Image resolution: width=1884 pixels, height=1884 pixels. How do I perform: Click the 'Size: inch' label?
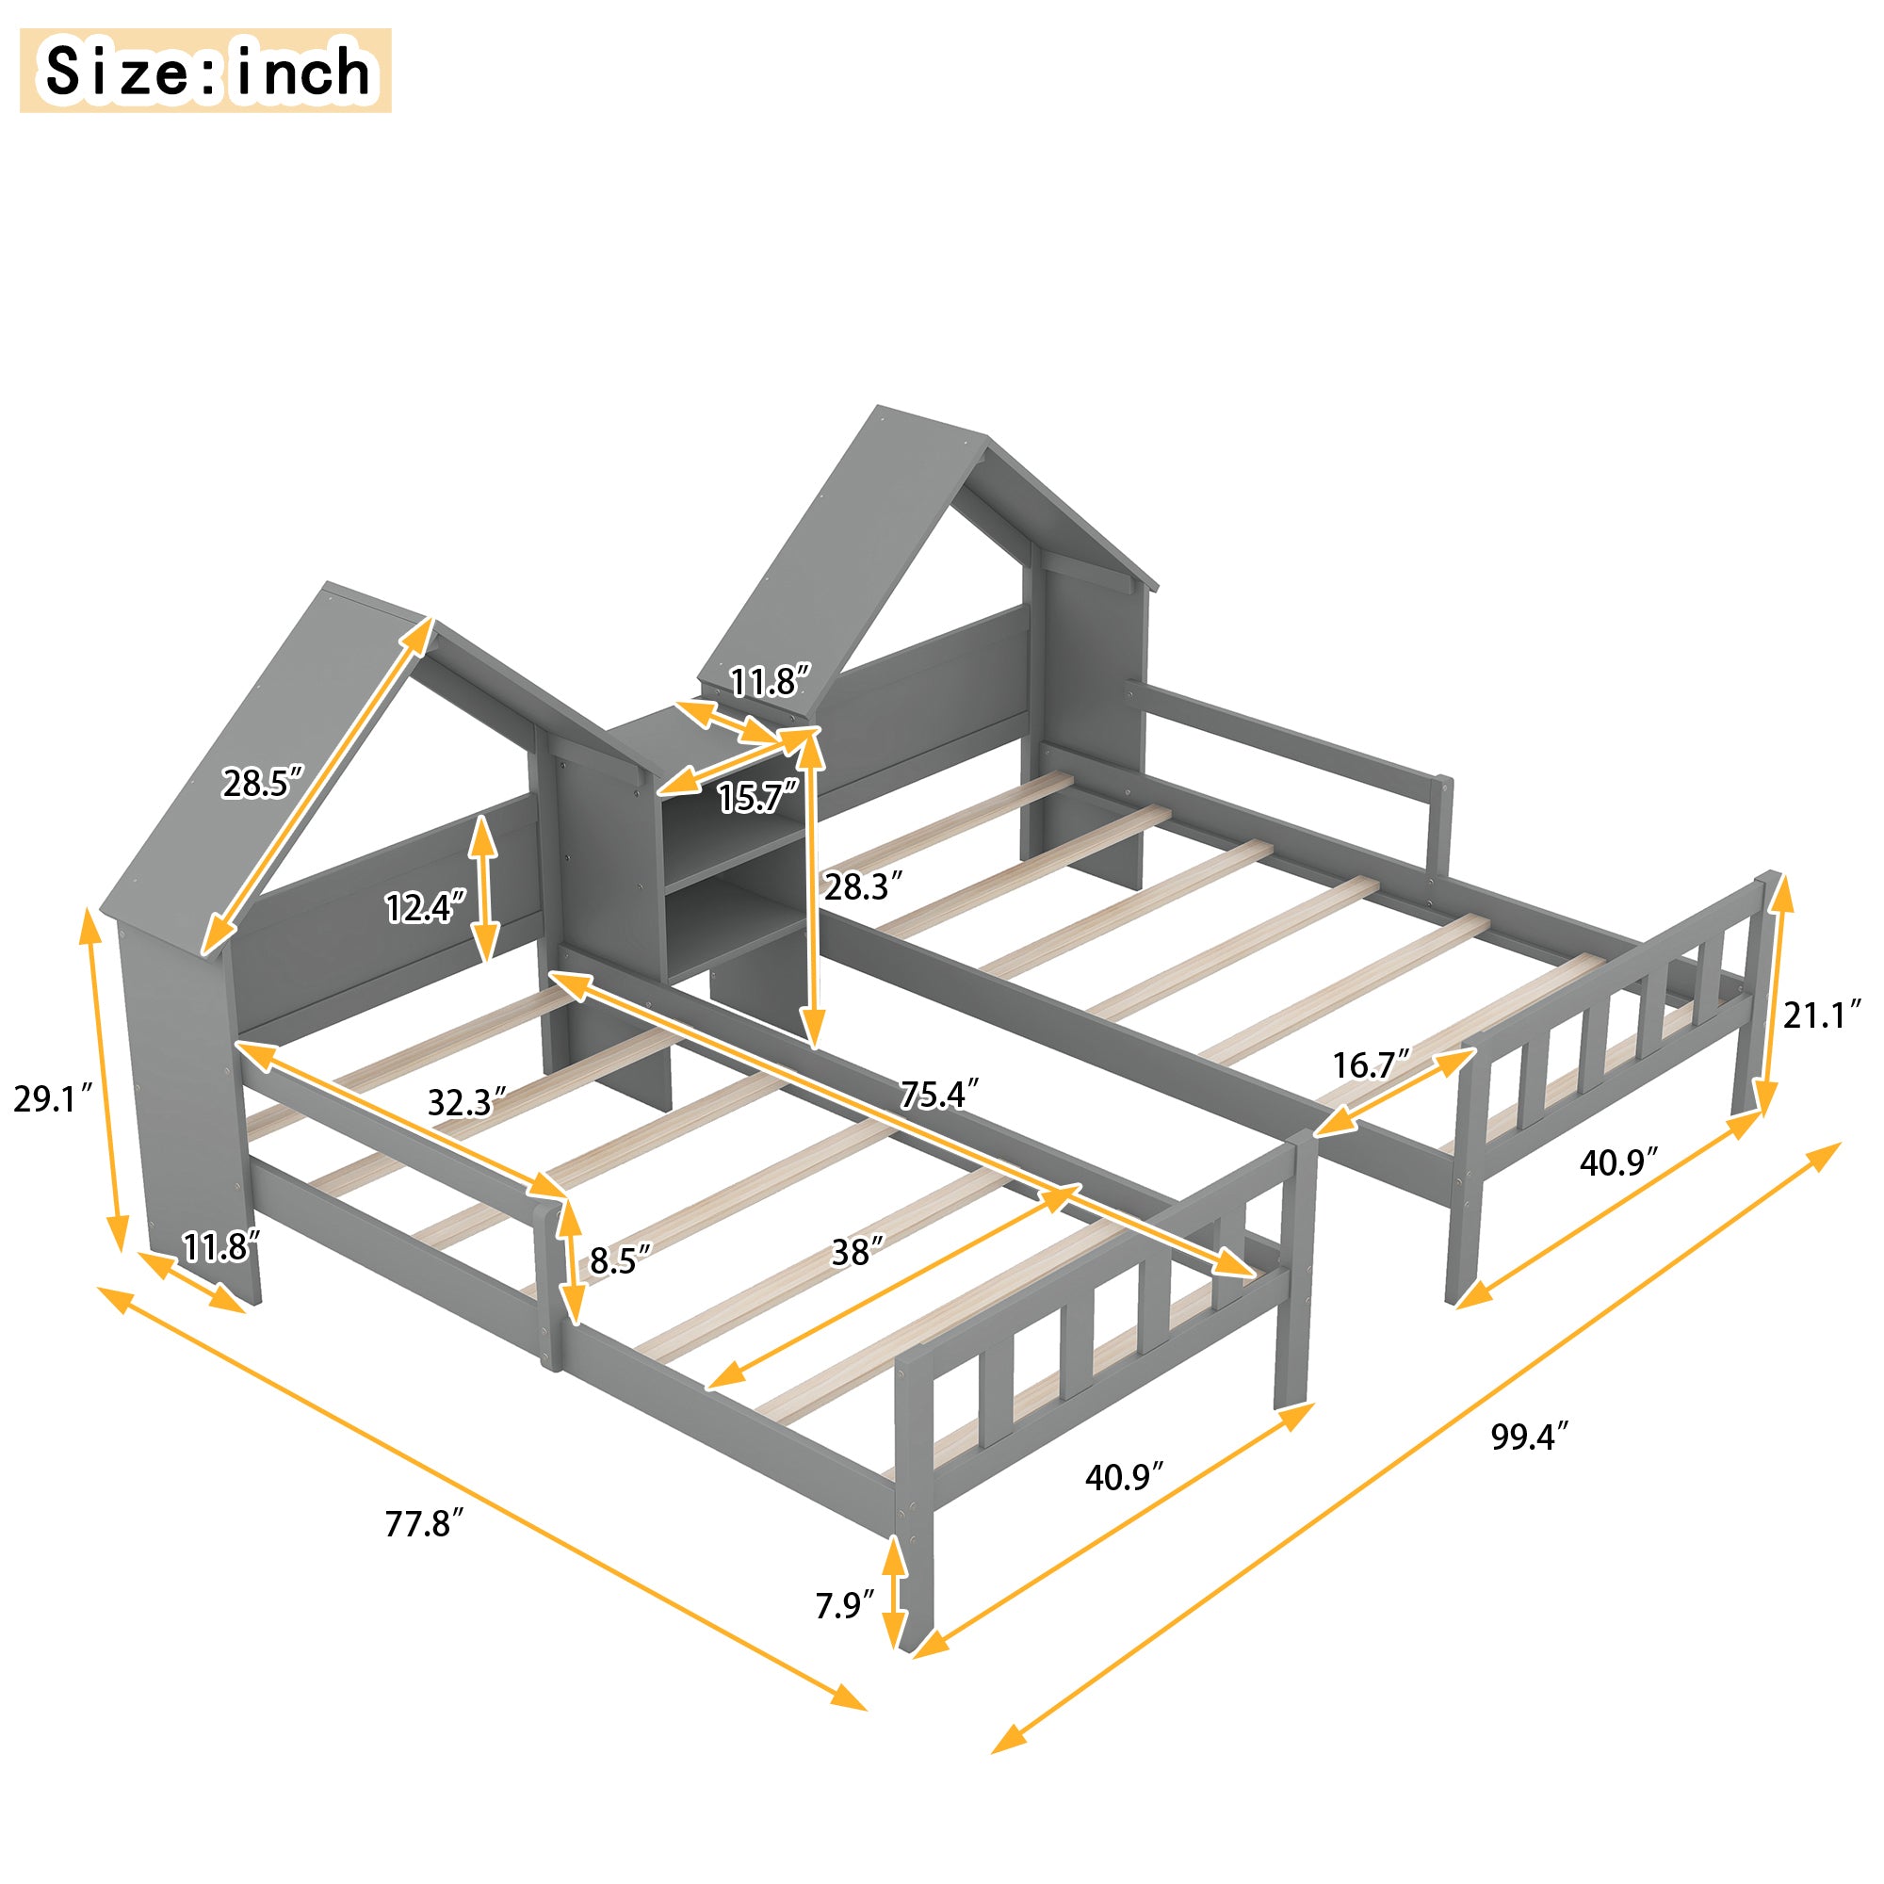pyautogui.click(x=205, y=71)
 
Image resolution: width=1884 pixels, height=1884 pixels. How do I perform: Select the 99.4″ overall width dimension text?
pyautogui.click(x=1529, y=1437)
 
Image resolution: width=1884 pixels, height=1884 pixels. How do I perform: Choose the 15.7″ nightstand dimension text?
pyautogui.click(x=757, y=798)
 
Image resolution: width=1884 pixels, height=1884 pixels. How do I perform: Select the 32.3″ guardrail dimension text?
pyautogui.click(x=466, y=1103)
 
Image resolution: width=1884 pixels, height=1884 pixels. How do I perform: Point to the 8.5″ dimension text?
pyautogui.click(x=619, y=1261)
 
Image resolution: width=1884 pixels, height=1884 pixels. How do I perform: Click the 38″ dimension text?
pyautogui.click(x=857, y=1252)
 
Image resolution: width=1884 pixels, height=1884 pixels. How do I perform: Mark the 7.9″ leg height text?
pyautogui.click(x=844, y=1604)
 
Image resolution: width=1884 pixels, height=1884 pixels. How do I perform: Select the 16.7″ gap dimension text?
pyautogui.click(x=1371, y=1064)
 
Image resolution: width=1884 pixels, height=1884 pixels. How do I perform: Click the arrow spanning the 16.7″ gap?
pyautogui.click(x=1394, y=1092)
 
